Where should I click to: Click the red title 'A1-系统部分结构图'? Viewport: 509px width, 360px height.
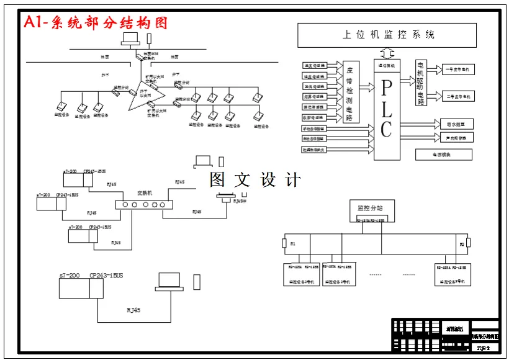tap(96, 23)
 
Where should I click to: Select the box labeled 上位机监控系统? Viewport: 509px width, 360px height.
tap(387, 35)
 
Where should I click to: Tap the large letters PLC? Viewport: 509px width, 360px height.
tap(387, 109)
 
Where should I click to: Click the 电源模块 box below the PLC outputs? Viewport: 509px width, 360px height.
tap(443, 154)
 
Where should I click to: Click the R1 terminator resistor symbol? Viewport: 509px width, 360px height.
tap(285, 243)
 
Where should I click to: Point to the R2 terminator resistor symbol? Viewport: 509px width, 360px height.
tap(468, 243)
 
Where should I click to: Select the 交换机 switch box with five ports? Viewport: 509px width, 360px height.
tap(143, 204)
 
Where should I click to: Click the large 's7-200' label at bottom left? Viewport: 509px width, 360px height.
tap(70, 276)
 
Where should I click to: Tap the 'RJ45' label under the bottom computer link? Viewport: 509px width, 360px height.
tap(133, 310)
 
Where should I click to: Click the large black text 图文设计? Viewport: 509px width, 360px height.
tap(255, 180)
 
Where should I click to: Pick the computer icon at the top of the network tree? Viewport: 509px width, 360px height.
tap(131, 39)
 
